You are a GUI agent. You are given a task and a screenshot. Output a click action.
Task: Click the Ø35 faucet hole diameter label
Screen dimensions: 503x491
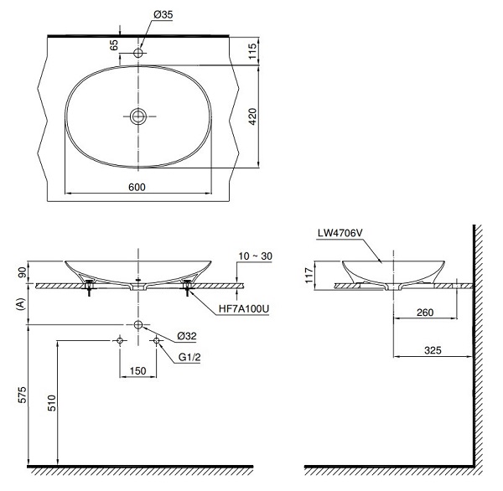(x=163, y=15)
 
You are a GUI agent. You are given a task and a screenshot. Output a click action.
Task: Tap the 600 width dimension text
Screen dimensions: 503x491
(x=137, y=187)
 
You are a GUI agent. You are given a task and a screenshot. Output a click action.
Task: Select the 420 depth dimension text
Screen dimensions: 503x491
(x=253, y=116)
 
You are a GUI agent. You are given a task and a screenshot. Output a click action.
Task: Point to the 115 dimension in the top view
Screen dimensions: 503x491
(x=253, y=50)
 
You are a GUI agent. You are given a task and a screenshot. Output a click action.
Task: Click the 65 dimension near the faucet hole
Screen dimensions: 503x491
(x=114, y=45)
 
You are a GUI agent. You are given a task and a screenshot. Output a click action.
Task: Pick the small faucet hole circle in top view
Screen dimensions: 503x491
(x=138, y=53)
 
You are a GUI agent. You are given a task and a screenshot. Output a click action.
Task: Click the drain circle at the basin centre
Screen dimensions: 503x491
(x=138, y=116)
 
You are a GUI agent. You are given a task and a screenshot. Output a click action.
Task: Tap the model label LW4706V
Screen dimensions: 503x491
(x=340, y=233)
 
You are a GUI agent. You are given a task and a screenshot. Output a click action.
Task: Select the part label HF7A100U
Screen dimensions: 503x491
(x=244, y=309)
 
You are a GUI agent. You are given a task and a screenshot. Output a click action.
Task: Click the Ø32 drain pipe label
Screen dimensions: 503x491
(x=187, y=336)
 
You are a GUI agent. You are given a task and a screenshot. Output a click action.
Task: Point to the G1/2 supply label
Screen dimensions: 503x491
(x=189, y=357)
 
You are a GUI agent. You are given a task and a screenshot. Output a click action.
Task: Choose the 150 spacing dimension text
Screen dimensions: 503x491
(x=138, y=371)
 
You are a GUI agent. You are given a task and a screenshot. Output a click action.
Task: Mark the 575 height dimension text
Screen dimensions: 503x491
(x=23, y=395)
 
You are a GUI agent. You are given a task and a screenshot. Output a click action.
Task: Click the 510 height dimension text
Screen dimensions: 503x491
(x=51, y=403)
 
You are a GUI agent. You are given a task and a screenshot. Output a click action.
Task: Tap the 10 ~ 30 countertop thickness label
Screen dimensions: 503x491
(x=256, y=256)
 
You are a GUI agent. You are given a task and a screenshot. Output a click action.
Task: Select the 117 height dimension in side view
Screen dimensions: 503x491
(x=309, y=275)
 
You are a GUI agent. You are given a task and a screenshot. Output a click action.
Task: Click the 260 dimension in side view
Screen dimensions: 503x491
(x=425, y=312)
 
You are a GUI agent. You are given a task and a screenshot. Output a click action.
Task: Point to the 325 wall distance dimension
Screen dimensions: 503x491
(x=433, y=350)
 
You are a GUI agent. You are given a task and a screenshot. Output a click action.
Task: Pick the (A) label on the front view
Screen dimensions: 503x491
(x=20, y=304)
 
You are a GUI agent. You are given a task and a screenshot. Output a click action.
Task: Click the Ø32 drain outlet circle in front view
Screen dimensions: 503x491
(x=138, y=324)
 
